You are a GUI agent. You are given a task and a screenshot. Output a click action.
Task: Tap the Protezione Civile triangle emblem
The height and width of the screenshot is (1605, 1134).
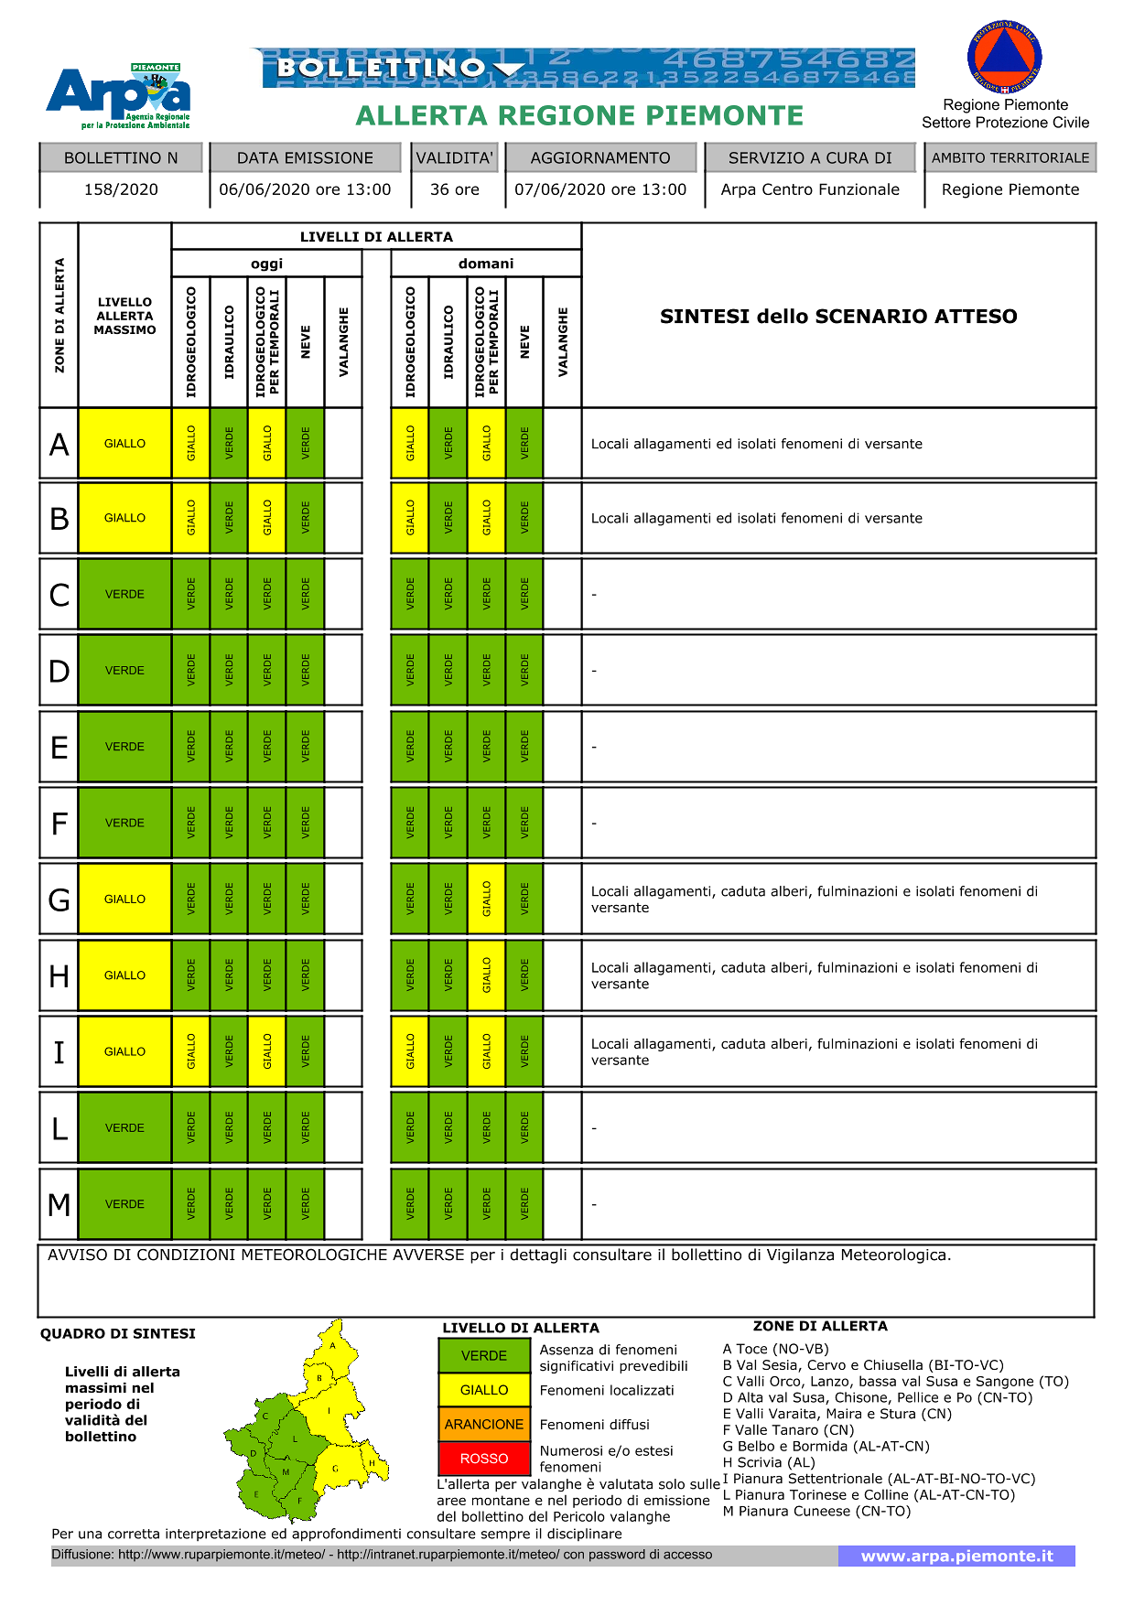pyautogui.click(x=1004, y=59)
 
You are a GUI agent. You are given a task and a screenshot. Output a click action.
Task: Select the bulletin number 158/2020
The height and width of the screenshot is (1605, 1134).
pyautogui.click(x=121, y=189)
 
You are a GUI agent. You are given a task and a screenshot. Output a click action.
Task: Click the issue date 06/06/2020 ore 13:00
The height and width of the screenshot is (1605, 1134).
pyautogui.click(x=305, y=189)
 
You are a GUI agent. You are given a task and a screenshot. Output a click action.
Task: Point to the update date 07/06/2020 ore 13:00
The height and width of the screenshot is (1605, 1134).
pyautogui.click(x=600, y=189)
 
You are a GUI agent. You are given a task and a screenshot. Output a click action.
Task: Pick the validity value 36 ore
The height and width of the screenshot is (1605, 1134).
pyautogui.click(x=455, y=189)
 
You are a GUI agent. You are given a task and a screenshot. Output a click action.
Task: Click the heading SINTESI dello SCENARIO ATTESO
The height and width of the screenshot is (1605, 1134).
pyautogui.click(x=838, y=317)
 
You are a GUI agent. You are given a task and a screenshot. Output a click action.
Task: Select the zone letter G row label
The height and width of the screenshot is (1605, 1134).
pyautogui.click(x=59, y=900)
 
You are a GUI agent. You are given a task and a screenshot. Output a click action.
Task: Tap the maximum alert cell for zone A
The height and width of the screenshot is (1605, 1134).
pyautogui.click(x=124, y=444)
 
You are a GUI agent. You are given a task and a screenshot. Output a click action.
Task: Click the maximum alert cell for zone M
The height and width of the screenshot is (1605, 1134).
pyautogui.click(x=124, y=1204)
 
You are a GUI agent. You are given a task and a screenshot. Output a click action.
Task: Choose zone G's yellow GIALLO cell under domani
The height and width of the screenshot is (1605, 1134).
pyautogui.click(x=487, y=899)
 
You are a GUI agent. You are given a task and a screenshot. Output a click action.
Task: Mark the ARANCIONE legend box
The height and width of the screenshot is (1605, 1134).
pyautogui.click(x=484, y=1425)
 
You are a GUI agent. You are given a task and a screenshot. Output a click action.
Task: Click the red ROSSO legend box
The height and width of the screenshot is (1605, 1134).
pyautogui.click(x=484, y=1459)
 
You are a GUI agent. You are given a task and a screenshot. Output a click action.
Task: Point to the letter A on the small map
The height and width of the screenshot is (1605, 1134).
pyautogui.click(x=333, y=1345)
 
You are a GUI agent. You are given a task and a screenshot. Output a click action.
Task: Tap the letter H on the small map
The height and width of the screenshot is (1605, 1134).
pyautogui.click(x=373, y=1463)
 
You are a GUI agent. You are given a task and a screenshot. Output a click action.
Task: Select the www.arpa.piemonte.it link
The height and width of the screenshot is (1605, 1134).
pyautogui.click(x=956, y=1556)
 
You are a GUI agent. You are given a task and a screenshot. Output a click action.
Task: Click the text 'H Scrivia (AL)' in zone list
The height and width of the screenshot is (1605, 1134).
pyautogui.click(x=768, y=1462)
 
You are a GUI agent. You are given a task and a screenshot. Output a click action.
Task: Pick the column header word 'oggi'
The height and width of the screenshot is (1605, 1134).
pyautogui.click(x=266, y=264)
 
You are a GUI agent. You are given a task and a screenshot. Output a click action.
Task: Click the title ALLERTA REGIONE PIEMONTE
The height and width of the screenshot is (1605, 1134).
pyautogui.click(x=579, y=116)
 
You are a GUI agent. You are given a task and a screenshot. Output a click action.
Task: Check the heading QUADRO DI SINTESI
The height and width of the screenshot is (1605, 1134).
pyautogui.click(x=118, y=1333)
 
